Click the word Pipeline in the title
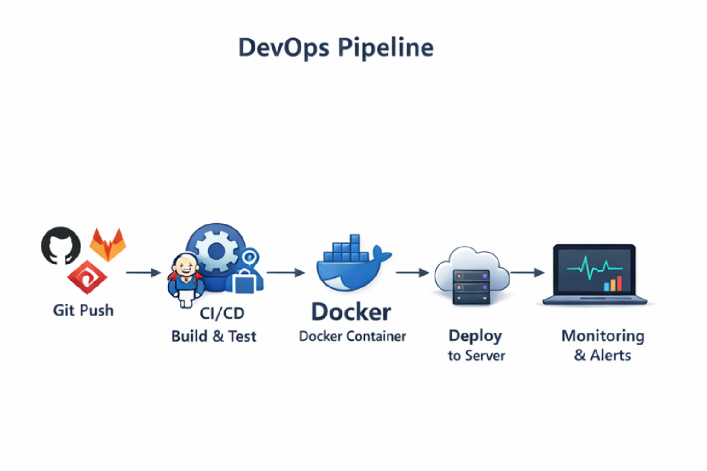[385, 48]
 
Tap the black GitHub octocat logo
[61, 246]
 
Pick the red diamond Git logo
[87, 278]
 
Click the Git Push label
[83, 310]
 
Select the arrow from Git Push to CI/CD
[143, 273]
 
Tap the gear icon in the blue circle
[216, 251]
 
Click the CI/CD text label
[222, 314]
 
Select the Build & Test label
[214, 337]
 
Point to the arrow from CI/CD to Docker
[285, 273]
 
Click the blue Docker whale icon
[351, 267]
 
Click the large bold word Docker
[351, 312]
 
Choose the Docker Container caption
[353, 337]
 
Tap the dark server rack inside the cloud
[471, 287]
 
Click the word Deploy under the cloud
[475, 336]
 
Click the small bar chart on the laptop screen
[613, 284]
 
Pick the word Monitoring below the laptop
[603, 336]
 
